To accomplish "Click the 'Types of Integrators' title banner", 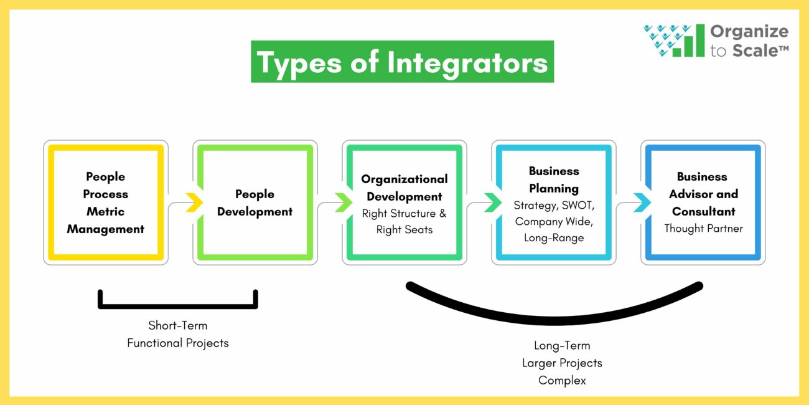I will pyautogui.click(x=402, y=62).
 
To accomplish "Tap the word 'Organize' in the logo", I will pyautogui.click(x=749, y=32).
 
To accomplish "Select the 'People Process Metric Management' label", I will pyautogui.click(x=106, y=202).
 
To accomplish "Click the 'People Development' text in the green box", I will pyautogui.click(x=255, y=202).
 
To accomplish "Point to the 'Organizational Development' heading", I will pyautogui.click(x=404, y=188).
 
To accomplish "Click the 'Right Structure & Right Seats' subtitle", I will pyautogui.click(x=404, y=222).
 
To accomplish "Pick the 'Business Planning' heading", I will pyautogui.click(x=554, y=179).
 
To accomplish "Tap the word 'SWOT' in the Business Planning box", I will pyautogui.click(x=578, y=205).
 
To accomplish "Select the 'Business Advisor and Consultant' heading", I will pyautogui.click(x=703, y=194).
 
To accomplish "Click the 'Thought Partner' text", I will pyautogui.click(x=703, y=229).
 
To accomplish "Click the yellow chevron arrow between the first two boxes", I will pyautogui.click(x=194, y=202).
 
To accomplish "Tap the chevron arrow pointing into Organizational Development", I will pyautogui.click(x=343, y=202).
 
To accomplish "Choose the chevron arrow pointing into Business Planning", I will pyautogui.click(x=492, y=202).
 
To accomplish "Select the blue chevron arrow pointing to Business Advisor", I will pyautogui.click(x=642, y=202).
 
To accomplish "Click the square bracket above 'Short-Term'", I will pyautogui.click(x=178, y=305).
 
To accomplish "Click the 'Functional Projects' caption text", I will pyautogui.click(x=178, y=343).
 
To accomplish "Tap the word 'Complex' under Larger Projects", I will pyautogui.click(x=562, y=380).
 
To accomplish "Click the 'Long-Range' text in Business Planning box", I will pyautogui.click(x=554, y=237).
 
